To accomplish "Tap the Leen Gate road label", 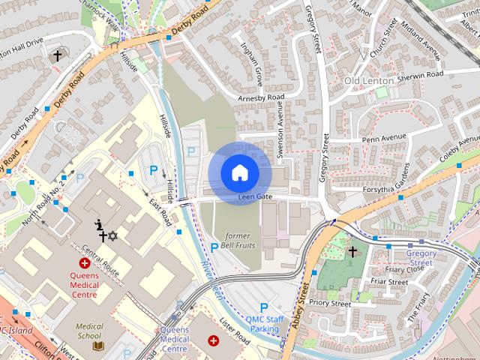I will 253,196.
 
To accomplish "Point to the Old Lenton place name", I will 369,80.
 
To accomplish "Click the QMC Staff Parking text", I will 265,323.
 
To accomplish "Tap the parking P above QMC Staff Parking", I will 263,307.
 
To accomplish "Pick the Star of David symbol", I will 113,236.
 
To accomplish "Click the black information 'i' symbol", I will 98,223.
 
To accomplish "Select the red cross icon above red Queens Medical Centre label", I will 85,263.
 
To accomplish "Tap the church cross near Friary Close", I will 352,253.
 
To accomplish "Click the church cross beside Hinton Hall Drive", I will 56,55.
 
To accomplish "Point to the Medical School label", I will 88,331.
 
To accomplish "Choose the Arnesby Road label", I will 261,97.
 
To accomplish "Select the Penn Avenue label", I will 384,137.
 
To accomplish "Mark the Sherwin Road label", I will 421,74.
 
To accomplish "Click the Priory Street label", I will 330,304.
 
